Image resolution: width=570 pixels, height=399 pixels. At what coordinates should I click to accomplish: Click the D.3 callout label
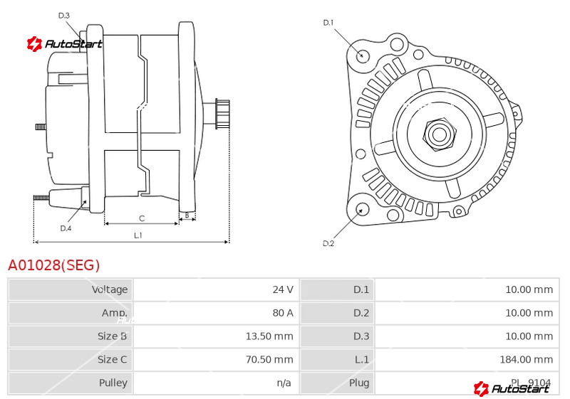coord(64,16)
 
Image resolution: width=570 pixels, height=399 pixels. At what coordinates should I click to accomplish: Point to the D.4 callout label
coord(66,228)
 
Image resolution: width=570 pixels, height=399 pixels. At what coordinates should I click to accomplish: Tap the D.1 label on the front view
coord(328,23)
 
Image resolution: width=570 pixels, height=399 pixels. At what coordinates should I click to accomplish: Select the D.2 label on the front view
coord(328,243)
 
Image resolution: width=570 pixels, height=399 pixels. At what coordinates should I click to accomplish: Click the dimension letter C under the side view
coord(142,218)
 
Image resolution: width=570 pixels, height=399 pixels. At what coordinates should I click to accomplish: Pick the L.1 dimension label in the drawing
coord(138,235)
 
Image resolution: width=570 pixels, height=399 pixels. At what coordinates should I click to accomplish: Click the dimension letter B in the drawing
coord(187,215)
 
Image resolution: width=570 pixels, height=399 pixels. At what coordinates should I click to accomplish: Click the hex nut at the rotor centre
coord(440,134)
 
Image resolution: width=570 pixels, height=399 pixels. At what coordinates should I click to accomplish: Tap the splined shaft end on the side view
coord(222,114)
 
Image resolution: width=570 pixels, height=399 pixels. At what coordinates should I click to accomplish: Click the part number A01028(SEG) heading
coord(54,265)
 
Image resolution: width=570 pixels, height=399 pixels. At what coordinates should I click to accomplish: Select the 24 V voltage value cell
coord(283,289)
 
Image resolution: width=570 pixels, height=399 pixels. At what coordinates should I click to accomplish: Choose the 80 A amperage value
coord(283,313)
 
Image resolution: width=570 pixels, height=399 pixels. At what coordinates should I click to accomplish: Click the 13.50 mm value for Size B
coord(269,336)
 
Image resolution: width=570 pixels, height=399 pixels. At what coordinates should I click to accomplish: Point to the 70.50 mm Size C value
coord(269,359)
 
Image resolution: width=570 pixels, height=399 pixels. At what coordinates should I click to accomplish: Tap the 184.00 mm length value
coord(527,359)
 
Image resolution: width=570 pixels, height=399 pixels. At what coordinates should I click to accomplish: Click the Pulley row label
coord(113,383)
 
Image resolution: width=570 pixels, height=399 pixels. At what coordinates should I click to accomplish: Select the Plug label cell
coord(359,383)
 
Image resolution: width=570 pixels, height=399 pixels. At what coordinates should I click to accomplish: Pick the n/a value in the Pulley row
coord(284,383)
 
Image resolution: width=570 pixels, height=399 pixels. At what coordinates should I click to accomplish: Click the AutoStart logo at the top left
coord(64,44)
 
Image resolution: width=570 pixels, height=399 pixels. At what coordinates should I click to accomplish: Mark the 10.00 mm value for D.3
coord(529,336)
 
